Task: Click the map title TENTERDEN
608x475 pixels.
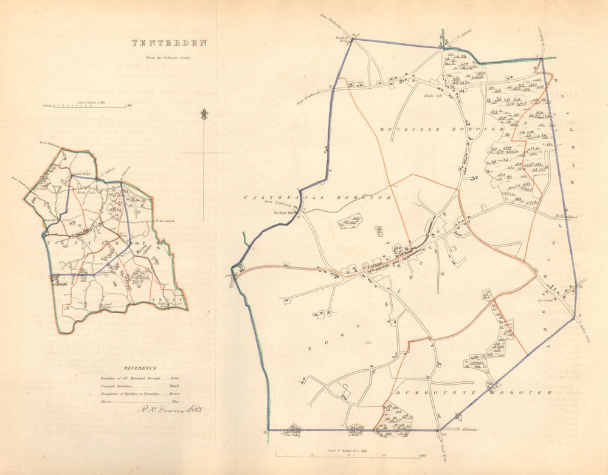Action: point(170,43)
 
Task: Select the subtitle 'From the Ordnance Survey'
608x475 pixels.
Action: point(169,58)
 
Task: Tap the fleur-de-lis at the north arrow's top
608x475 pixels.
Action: point(204,114)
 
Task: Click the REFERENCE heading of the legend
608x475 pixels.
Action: point(140,368)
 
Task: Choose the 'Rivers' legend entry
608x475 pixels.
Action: point(106,402)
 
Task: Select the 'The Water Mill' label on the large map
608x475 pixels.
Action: point(283,212)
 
